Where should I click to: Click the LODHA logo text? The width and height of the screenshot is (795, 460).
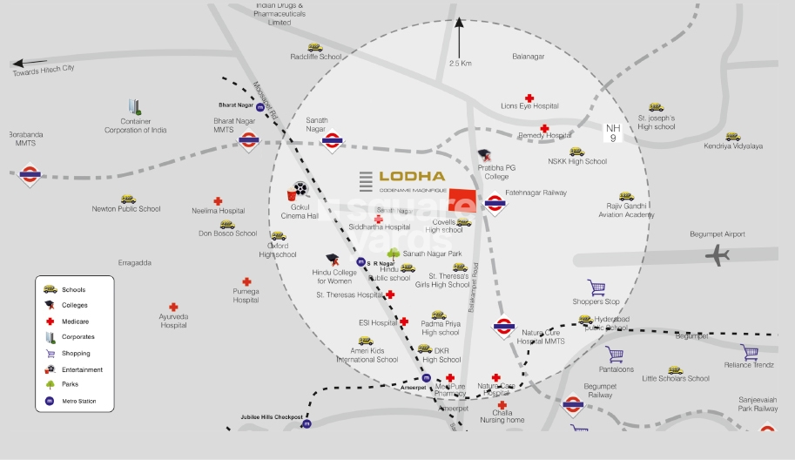[412, 176]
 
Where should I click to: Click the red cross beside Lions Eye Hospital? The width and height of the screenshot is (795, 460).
[529, 98]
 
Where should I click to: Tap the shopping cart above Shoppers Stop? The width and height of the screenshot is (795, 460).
[596, 287]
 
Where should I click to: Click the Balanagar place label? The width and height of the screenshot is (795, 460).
[528, 57]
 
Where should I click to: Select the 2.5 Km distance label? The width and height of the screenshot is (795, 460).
[460, 64]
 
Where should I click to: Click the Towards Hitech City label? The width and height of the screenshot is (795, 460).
[44, 68]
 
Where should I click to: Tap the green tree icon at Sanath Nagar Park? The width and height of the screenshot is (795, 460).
[393, 254]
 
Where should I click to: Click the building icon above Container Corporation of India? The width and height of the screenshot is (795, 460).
[135, 106]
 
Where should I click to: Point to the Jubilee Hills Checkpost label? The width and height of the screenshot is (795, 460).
[271, 417]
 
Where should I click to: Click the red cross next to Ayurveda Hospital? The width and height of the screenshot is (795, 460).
[173, 308]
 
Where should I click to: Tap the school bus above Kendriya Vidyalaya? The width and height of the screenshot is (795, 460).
[732, 137]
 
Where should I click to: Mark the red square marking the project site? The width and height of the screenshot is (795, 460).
[463, 200]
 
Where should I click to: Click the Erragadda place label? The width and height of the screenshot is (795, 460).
[135, 262]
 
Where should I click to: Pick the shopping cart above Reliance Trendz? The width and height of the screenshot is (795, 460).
[749, 352]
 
